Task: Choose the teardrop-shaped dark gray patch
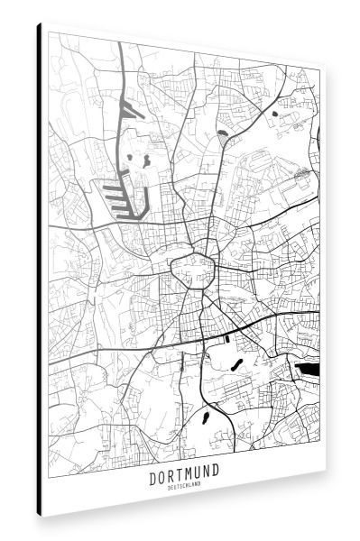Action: click(223, 139)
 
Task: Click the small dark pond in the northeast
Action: click(273, 115)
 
